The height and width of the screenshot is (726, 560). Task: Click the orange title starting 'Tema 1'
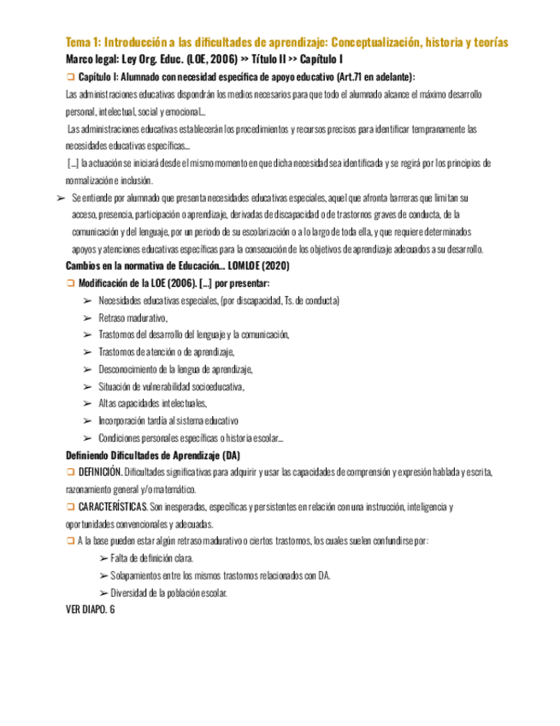[286, 43]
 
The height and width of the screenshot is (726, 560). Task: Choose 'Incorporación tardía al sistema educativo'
[168, 420]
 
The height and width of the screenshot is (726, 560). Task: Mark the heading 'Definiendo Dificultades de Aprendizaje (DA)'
[153, 455]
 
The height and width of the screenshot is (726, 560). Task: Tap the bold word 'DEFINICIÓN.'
[99, 473]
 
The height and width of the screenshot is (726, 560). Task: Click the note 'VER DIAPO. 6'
[89, 610]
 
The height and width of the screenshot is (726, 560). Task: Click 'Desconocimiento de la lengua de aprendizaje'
[175, 369]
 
